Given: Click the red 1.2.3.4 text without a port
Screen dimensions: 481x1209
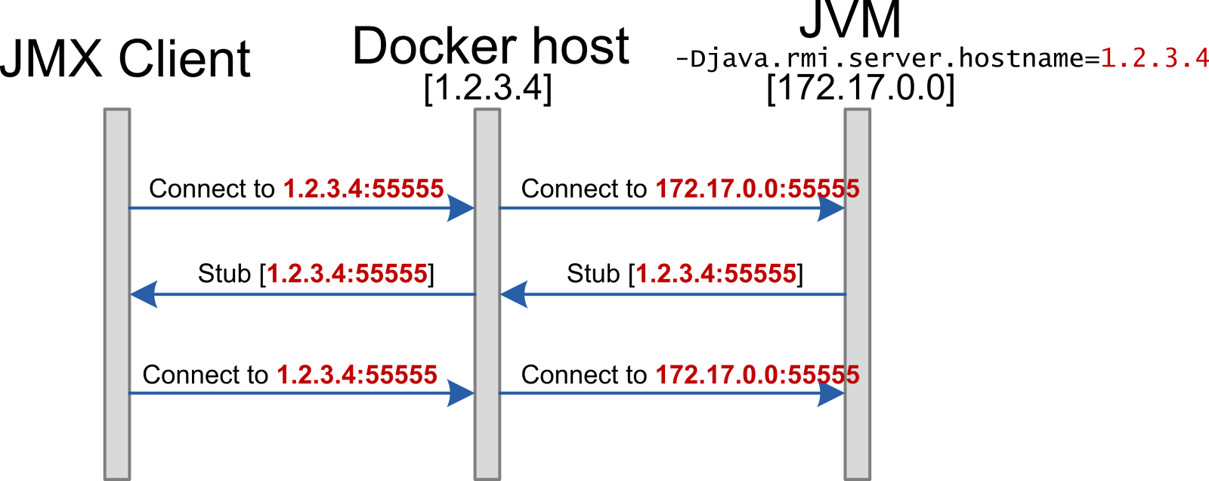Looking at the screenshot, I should [x=1154, y=58].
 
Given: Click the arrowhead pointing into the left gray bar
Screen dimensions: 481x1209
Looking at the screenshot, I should [x=144, y=294].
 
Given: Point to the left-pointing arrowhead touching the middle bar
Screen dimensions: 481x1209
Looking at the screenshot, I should [x=514, y=294].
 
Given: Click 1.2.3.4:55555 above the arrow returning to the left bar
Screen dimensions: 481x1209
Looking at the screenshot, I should [x=347, y=273].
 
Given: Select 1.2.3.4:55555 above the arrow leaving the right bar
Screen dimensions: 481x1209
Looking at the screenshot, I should [x=716, y=273].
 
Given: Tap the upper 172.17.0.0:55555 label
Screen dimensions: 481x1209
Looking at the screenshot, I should [x=757, y=188].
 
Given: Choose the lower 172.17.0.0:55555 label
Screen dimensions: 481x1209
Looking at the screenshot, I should [x=757, y=374].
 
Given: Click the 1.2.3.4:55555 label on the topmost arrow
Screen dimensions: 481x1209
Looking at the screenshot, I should [x=363, y=188].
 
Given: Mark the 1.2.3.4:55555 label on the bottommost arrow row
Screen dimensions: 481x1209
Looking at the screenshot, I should [x=357, y=374].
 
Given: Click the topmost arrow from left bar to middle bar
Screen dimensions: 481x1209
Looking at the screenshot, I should [x=287, y=207].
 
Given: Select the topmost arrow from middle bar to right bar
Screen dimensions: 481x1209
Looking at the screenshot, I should [x=657, y=207].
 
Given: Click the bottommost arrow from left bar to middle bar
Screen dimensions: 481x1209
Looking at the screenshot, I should [x=287, y=393].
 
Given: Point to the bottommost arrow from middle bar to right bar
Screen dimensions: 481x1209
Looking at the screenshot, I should [x=657, y=393].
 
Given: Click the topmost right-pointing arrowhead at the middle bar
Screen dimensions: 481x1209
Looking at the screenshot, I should [x=460, y=207].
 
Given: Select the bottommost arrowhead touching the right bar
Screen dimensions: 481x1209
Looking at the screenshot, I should [x=830, y=393].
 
